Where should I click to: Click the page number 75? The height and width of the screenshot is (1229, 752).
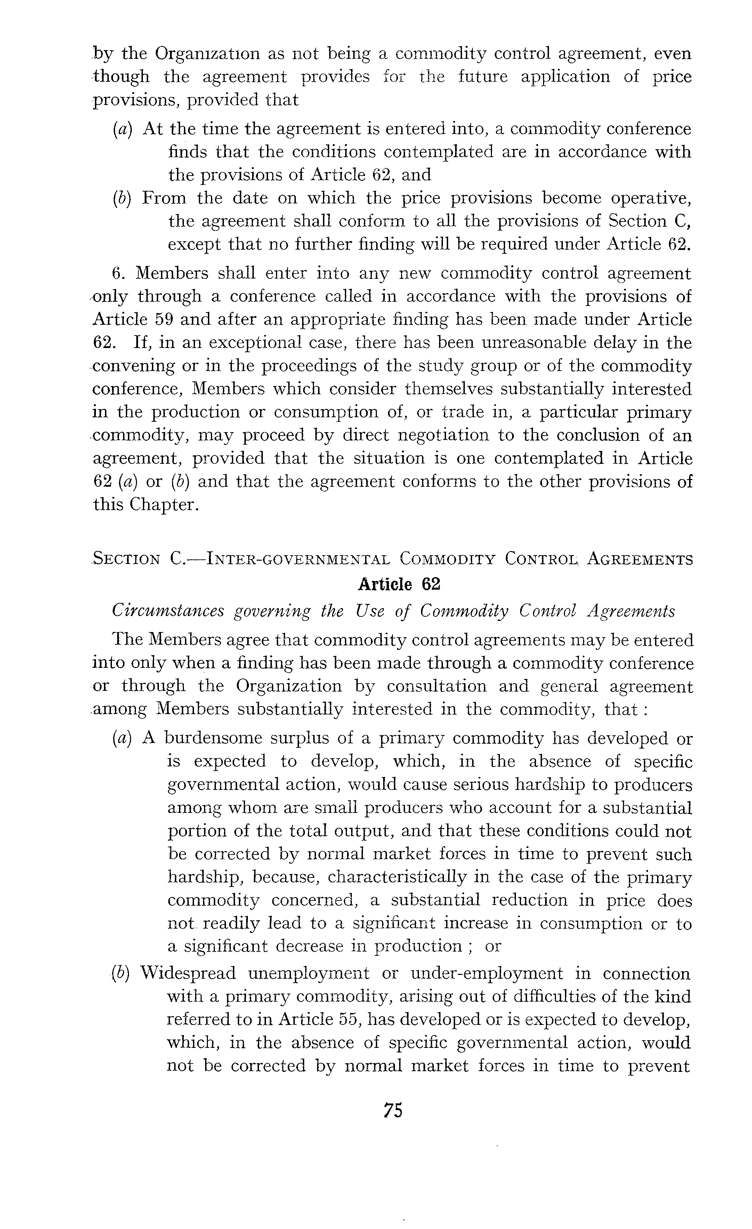click(x=393, y=1110)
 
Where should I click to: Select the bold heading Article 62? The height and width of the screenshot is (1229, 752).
click(x=399, y=584)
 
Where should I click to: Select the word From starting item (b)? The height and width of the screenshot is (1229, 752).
click(x=164, y=198)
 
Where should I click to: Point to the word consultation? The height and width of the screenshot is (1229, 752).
click(x=436, y=686)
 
